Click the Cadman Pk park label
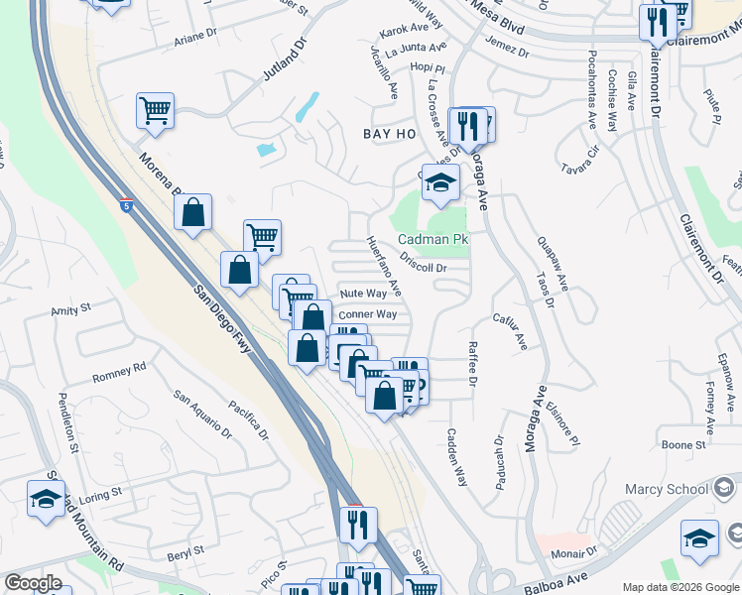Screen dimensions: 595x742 point(433,240)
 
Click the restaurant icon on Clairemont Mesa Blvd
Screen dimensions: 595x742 point(657,22)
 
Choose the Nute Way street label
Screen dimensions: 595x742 point(363,294)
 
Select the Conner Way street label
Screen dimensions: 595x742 point(367,314)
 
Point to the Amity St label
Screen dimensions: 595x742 point(70,310)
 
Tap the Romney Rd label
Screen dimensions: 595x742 point(119,372)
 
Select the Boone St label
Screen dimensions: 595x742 point(683,445)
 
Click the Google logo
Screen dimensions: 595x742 point(33,582)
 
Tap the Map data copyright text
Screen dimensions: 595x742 point(680,587)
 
